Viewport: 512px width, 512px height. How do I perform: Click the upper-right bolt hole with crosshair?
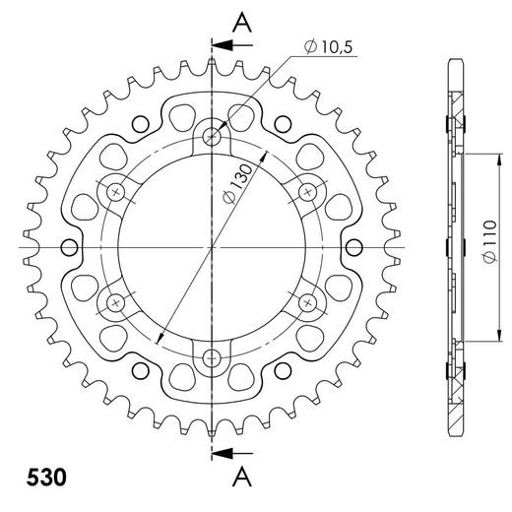pyautogui.click(x=309, y=190)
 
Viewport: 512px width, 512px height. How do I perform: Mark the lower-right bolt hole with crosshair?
pyautogui.click(x=309, y=301)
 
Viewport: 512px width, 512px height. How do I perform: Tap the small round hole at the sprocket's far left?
pyautogui.click(x=69, y=246)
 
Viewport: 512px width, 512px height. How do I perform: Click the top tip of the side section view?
pyautogui.click(x=457, y=61)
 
